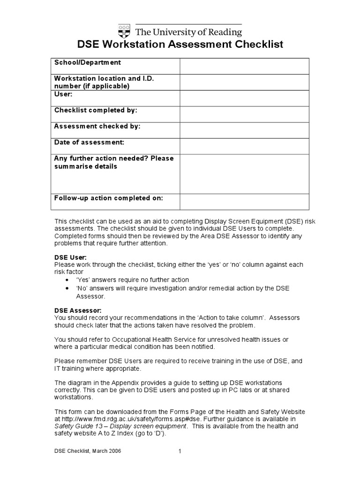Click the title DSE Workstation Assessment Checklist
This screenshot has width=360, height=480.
(x=180, y=45)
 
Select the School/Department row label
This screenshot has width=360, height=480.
(x=88, y=62)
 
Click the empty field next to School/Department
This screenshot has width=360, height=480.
(x=244, y=66)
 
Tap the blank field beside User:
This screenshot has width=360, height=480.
(x=244, y=98)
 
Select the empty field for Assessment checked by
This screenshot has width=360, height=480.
(x=244, y=130)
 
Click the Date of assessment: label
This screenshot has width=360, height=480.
(x=89, y=142)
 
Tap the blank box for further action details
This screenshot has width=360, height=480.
(x=244, y=173)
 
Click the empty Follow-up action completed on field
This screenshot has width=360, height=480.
(x=244, y=202)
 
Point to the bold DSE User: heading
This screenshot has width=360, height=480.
(x=71, y=257)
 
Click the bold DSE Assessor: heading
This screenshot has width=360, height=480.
(x=78, y=310)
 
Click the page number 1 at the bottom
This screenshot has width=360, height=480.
(x=180, y=451)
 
